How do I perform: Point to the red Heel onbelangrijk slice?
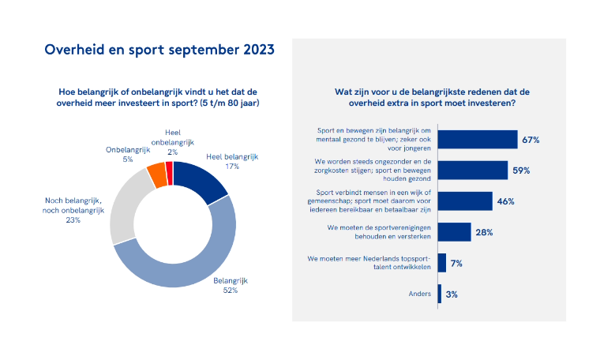tap(169, 169)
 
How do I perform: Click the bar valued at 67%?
tap(477, 140)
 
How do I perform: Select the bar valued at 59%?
tap(472, 170)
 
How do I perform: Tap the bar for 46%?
tap(464, 201)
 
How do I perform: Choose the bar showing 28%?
tap(454, 231)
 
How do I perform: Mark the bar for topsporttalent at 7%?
tap(441, 262)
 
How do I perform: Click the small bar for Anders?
tap(440, 293)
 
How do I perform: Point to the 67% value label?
tap(530, 140)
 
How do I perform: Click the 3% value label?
tap(452, 294)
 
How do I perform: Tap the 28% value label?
tap(484, 231)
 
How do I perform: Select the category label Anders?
tap(420, 294)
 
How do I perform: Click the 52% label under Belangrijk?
tap(229, 290)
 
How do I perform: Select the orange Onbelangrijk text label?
tap(128, 149)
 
